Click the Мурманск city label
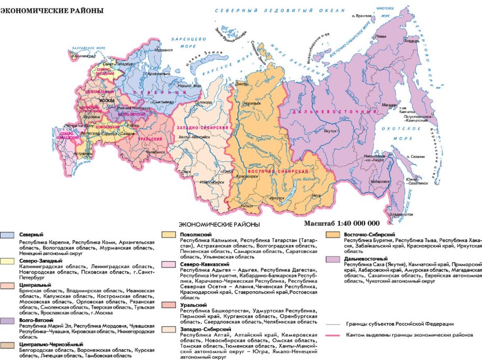(x=164, y=49)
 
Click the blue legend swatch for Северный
(x=7, y=234)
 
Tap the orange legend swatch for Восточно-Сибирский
(x=333, y=234)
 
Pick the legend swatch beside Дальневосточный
(x=333, y=259)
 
